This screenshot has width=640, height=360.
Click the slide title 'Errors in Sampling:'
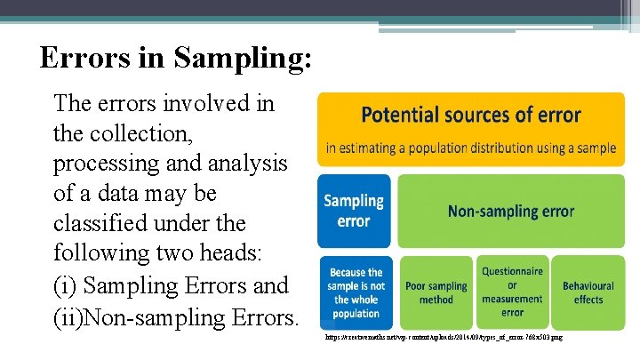click(176, 59)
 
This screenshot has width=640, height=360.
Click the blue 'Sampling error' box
click(354, 211)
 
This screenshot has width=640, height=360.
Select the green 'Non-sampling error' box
click(511, 211)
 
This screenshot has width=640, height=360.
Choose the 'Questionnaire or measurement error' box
click(512, 292)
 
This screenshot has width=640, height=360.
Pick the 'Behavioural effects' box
click(588, 292)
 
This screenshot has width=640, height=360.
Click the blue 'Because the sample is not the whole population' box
click(355, 292)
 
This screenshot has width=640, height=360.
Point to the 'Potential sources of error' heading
click(471, 115)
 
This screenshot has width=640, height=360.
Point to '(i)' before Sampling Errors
click(65, 285)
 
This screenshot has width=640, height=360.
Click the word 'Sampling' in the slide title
click(243, 59)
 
